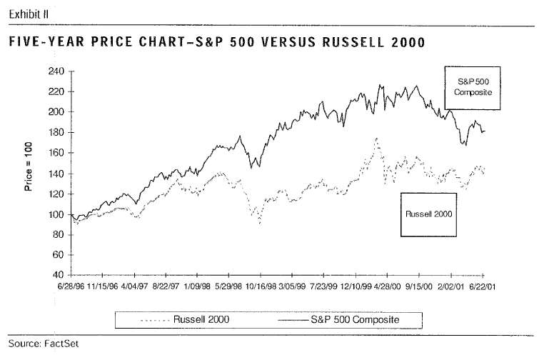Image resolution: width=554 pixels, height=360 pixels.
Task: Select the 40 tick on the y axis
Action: tap(59, 275)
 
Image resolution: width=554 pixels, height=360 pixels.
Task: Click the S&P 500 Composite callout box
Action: tap(470, 87)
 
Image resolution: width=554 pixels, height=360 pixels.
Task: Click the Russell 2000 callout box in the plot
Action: tap(429, 214)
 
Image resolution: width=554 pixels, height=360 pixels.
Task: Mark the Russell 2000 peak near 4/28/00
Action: tap(376, 139)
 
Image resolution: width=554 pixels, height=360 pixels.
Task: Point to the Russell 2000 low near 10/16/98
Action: tap(259, 223)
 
